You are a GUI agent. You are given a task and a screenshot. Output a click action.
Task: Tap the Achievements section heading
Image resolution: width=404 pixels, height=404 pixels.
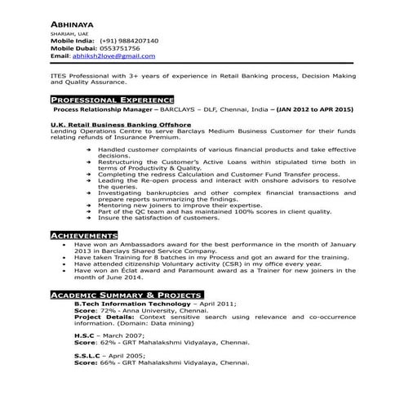(84, 235)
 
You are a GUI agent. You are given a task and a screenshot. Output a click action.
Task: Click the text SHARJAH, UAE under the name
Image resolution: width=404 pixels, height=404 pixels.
(68, 32)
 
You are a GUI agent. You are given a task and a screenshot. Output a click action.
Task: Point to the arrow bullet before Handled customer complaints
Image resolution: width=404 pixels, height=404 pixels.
(88, 151)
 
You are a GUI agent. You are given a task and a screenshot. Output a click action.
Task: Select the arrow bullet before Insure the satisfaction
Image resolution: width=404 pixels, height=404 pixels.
(88, 218)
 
